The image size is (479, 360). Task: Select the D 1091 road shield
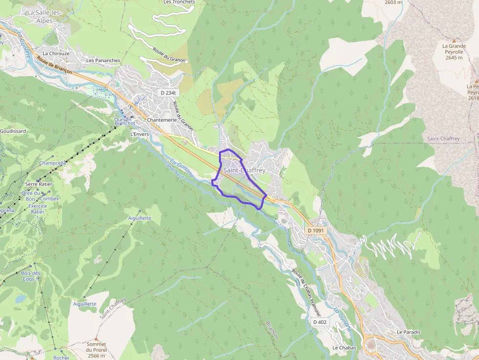(316, 230)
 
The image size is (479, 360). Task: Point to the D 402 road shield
(320, 322)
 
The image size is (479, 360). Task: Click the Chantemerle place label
(161, 120)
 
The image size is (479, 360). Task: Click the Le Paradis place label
(409, 332)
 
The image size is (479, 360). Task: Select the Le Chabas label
(344, 348)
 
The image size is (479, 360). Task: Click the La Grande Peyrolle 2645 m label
(454, 52)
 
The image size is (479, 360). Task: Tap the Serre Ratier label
(39, 184)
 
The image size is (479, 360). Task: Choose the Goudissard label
(13, 131)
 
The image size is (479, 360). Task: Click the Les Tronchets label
(179, 2)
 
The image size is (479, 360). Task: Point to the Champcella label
(52, 163)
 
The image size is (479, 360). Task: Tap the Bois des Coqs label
(31, 276)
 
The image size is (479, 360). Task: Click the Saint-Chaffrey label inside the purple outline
(244, 170)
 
